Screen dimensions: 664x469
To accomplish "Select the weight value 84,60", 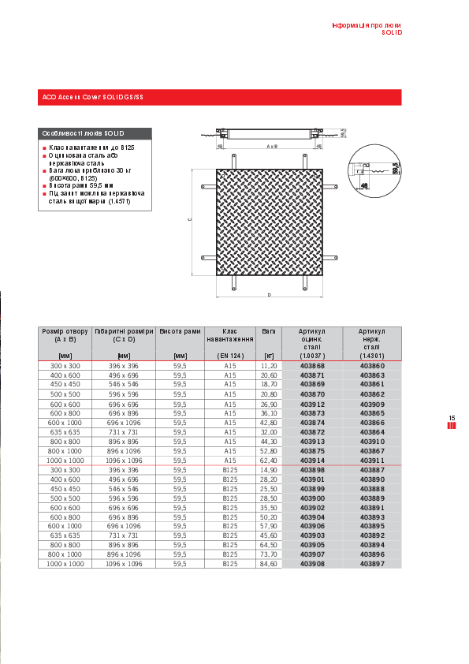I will [269, 564].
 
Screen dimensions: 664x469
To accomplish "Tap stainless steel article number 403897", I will [372, 564].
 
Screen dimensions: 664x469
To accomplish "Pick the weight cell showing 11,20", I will [269, 367].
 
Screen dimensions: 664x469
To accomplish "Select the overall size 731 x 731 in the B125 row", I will [123, 535].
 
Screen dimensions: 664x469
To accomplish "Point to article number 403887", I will [372, 469].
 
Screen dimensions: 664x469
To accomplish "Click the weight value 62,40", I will [269, 460].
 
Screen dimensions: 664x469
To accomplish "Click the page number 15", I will [452, 418].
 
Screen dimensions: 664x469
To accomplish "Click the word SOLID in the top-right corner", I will [392, 33].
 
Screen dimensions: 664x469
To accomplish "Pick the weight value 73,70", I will [269, 554].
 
